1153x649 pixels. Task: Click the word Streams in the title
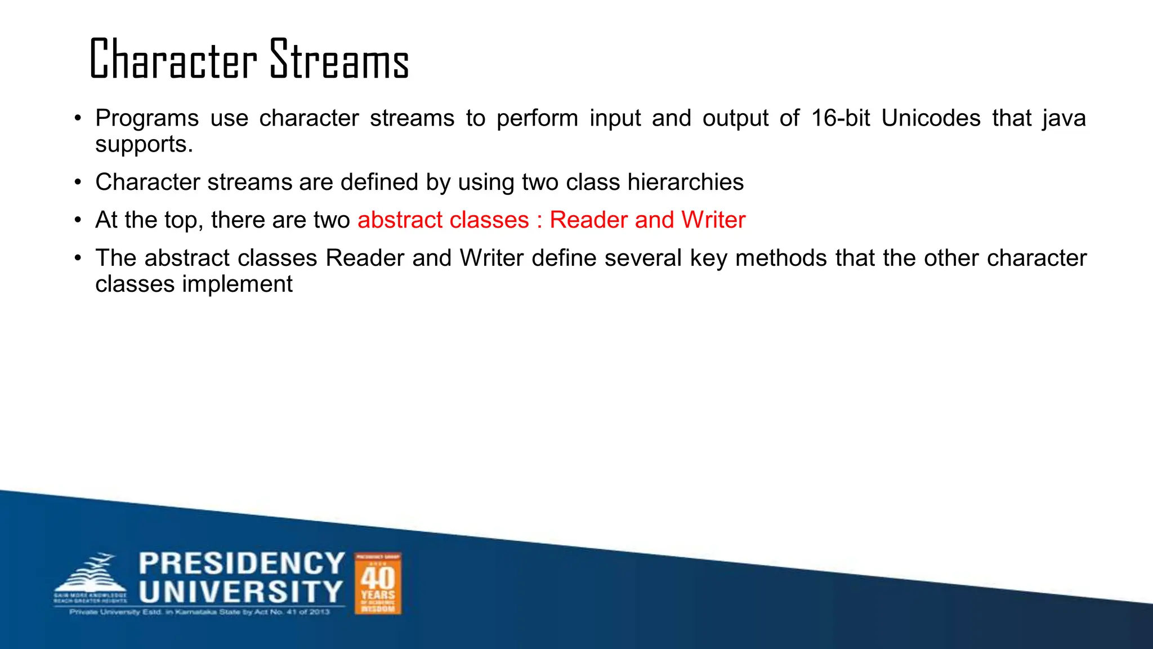339,59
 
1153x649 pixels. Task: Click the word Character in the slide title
173,59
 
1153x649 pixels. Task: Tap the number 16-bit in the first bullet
841,118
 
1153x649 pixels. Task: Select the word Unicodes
931,118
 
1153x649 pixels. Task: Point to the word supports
144,145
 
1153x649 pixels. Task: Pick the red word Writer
713,220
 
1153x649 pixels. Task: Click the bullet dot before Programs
78,119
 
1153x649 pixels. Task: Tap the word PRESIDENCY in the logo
242,563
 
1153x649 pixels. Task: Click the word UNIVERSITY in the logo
241,592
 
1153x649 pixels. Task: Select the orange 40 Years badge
378,583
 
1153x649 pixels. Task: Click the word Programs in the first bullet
147,118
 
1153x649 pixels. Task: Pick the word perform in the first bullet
537,118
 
